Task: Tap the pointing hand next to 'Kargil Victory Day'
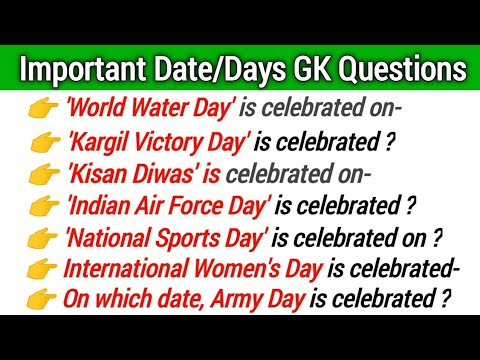(x=47, y=142)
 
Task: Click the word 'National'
(x=113, y=240)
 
